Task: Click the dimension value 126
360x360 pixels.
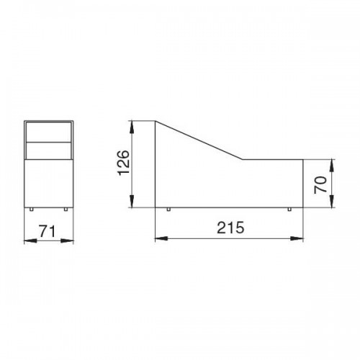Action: (125, 163)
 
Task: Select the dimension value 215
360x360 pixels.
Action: (230, 228)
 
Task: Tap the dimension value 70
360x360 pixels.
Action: (321, 184)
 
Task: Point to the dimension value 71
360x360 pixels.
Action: (47, 231)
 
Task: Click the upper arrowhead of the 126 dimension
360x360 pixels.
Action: (132, 127)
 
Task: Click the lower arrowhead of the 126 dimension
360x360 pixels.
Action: (132, 201)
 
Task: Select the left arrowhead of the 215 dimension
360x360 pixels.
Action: (161, 238)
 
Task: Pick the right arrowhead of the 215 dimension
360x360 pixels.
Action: (297, 238)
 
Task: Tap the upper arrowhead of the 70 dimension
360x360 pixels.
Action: (332, 166)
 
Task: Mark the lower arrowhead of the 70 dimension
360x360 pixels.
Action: (332, 201)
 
